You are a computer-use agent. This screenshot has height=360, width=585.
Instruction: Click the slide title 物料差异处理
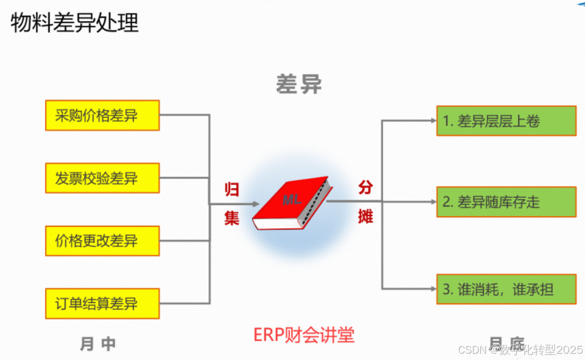pos(75,23)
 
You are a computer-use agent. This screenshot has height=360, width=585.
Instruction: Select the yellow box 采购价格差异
pos(102,115)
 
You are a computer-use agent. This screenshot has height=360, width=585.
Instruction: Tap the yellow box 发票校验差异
pos(102,178)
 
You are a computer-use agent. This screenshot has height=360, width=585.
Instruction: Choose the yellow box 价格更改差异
pos(102,241)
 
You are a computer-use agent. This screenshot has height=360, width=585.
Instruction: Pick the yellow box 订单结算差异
pos(102,303)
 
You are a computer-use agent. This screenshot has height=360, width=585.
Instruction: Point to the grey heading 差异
pos(299,84)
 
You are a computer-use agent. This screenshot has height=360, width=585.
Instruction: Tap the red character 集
pos(231,218)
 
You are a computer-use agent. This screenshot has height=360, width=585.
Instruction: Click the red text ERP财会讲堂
pos(304,335)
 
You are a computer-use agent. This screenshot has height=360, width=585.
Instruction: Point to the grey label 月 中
pos(98,344)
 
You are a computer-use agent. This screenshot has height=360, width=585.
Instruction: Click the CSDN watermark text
pos(520,349)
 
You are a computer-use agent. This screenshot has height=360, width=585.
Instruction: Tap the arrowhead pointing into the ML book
pos(255,203)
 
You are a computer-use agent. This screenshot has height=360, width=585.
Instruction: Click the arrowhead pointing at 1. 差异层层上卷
pos(432,121)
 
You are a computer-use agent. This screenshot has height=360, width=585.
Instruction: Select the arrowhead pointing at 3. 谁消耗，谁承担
pos(432,289)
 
